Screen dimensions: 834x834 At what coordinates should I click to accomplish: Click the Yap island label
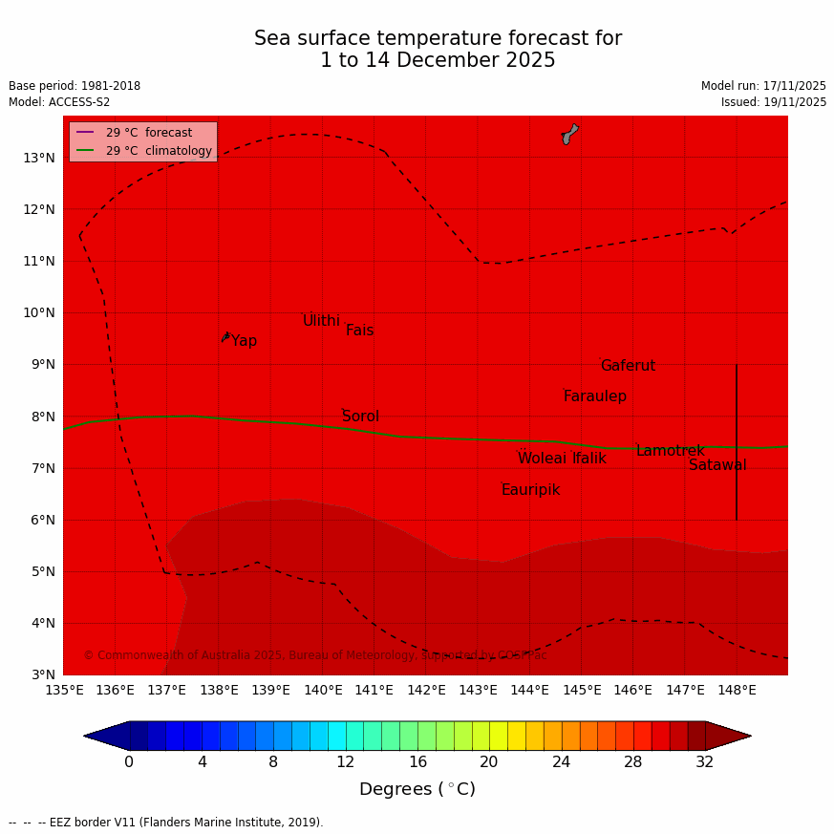244,341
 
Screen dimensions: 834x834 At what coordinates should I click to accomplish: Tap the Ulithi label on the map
321,321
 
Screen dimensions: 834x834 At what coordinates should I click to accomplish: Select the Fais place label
359,331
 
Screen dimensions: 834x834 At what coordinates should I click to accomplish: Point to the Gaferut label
628,366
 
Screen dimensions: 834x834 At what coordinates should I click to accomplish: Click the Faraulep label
595,396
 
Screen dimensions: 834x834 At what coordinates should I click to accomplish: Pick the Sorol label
360,417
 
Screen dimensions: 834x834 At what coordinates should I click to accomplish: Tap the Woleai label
542,459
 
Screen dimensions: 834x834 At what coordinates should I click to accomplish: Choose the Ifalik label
589,459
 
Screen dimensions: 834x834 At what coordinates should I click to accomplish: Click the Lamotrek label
671,451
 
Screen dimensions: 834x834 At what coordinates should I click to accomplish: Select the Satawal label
717,465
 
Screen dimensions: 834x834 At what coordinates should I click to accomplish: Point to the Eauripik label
530,490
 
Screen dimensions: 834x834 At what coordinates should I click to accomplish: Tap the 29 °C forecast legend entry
148,133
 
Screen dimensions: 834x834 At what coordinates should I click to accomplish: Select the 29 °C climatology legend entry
159,151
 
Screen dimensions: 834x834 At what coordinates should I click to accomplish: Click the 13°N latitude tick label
38,158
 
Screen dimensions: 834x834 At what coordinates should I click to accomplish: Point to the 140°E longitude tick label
323,690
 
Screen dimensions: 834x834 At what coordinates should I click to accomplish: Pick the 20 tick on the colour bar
489,761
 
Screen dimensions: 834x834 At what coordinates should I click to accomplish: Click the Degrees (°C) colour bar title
417,789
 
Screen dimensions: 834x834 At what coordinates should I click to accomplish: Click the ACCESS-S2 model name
80,102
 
